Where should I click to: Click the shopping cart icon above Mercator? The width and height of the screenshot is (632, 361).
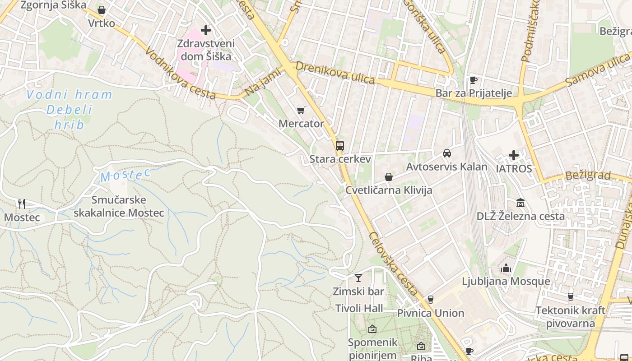click(301, 110)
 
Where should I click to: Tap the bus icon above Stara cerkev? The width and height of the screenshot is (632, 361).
click(340, 146)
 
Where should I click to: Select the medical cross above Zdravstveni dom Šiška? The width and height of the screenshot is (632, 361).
click(206, 30)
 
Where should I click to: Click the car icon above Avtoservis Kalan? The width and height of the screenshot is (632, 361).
click(447, 153)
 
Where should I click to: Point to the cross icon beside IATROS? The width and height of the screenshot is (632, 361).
click(514, 155)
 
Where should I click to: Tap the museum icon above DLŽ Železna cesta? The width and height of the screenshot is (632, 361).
click(520, 203)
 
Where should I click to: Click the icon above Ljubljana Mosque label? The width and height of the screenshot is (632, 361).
click(506, 268)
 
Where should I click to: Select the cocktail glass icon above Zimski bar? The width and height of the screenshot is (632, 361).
click(358, 278)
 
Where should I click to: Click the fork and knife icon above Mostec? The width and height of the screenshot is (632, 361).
click(21, 204)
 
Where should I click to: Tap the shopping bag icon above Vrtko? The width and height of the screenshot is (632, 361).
click(102, 10)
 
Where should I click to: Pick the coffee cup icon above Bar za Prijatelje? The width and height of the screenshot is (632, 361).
click(473, 80)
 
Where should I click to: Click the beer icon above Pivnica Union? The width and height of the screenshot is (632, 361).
click(430, 300)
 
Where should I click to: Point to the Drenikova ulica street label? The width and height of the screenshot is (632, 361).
click(335, 73)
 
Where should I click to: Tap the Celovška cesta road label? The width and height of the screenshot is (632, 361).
click(393, 264)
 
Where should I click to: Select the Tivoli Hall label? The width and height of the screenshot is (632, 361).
click(359, 308)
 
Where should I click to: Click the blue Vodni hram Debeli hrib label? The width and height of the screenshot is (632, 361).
click(69, 109)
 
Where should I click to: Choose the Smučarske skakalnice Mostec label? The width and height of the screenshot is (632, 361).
click(119, 206)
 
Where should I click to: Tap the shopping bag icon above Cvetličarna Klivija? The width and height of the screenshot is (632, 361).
click(389, 177)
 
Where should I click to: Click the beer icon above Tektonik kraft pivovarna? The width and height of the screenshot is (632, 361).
click(571, 297)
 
